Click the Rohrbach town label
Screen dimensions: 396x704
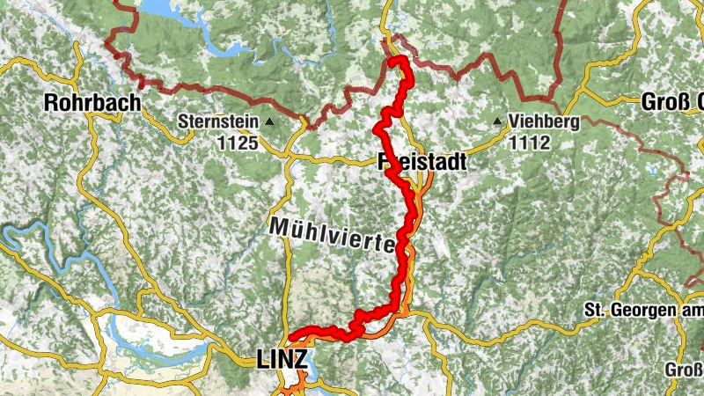[92, 103]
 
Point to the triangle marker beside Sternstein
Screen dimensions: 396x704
[270, 122]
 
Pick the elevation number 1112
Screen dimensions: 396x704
[529, 142]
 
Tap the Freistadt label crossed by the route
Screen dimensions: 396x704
[422, 163]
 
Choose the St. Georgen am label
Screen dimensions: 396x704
[643, 311]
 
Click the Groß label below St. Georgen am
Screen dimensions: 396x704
[683, 369]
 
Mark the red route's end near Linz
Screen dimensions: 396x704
[290, 338]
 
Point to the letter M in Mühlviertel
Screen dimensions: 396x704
[279, 224]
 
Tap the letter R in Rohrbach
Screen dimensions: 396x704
[52, 103]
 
